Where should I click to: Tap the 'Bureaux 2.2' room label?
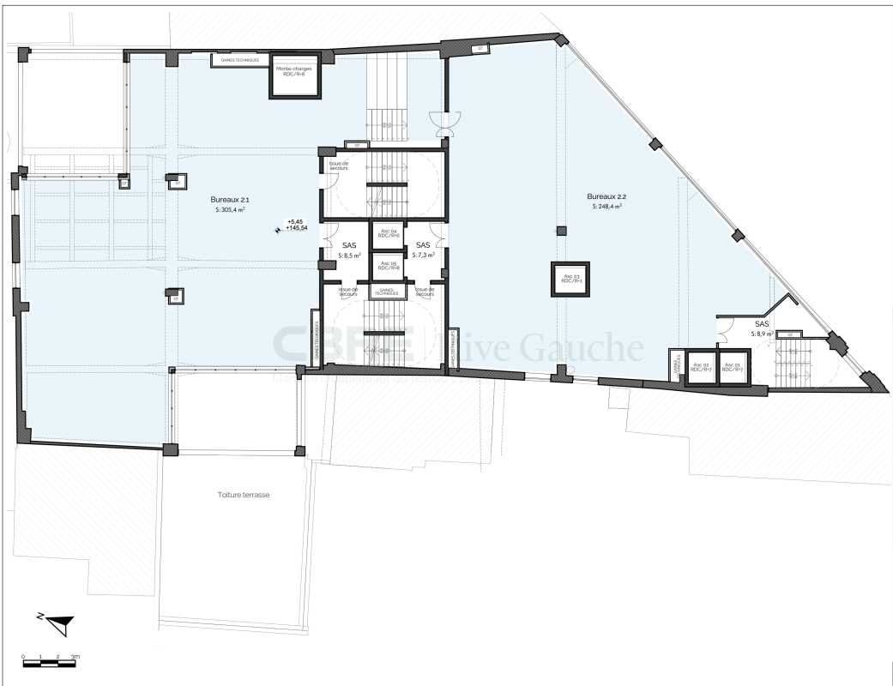[604, 196]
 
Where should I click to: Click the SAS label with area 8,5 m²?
[349, 245]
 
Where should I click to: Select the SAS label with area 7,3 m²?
[422, 245]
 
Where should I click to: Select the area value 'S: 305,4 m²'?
[230, 209]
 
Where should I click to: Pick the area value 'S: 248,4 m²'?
[606, 207]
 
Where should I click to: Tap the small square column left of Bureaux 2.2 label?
[561, 230]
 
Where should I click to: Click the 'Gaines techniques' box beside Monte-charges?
[239, 60]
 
